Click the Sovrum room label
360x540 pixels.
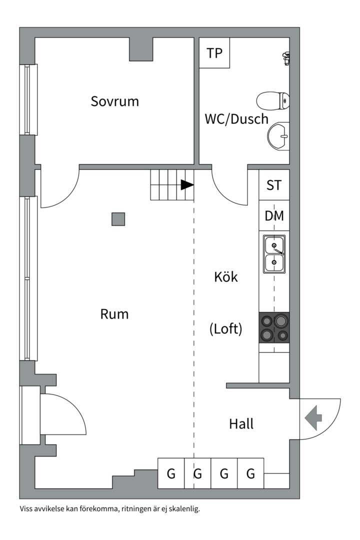pos(114,101)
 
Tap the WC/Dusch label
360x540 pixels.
pos(236,119)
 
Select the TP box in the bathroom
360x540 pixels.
pos(214,53)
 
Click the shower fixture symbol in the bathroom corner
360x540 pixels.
pos(286,58)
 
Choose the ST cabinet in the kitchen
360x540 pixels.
pos(274,185)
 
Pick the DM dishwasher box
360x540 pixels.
pos(274,216)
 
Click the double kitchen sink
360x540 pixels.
pos(274,253)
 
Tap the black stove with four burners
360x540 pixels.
pos(274,327)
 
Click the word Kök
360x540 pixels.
pos(226,276)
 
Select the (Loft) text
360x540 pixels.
pos(225,329)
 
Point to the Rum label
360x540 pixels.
pos(114,314)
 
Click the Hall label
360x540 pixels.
pos(241,424)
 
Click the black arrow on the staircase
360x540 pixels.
pos(187,185)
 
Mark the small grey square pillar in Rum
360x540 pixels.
pos(118,219)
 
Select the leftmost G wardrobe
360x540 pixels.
pos(171,473)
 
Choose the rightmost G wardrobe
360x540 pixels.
pos(250,473)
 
